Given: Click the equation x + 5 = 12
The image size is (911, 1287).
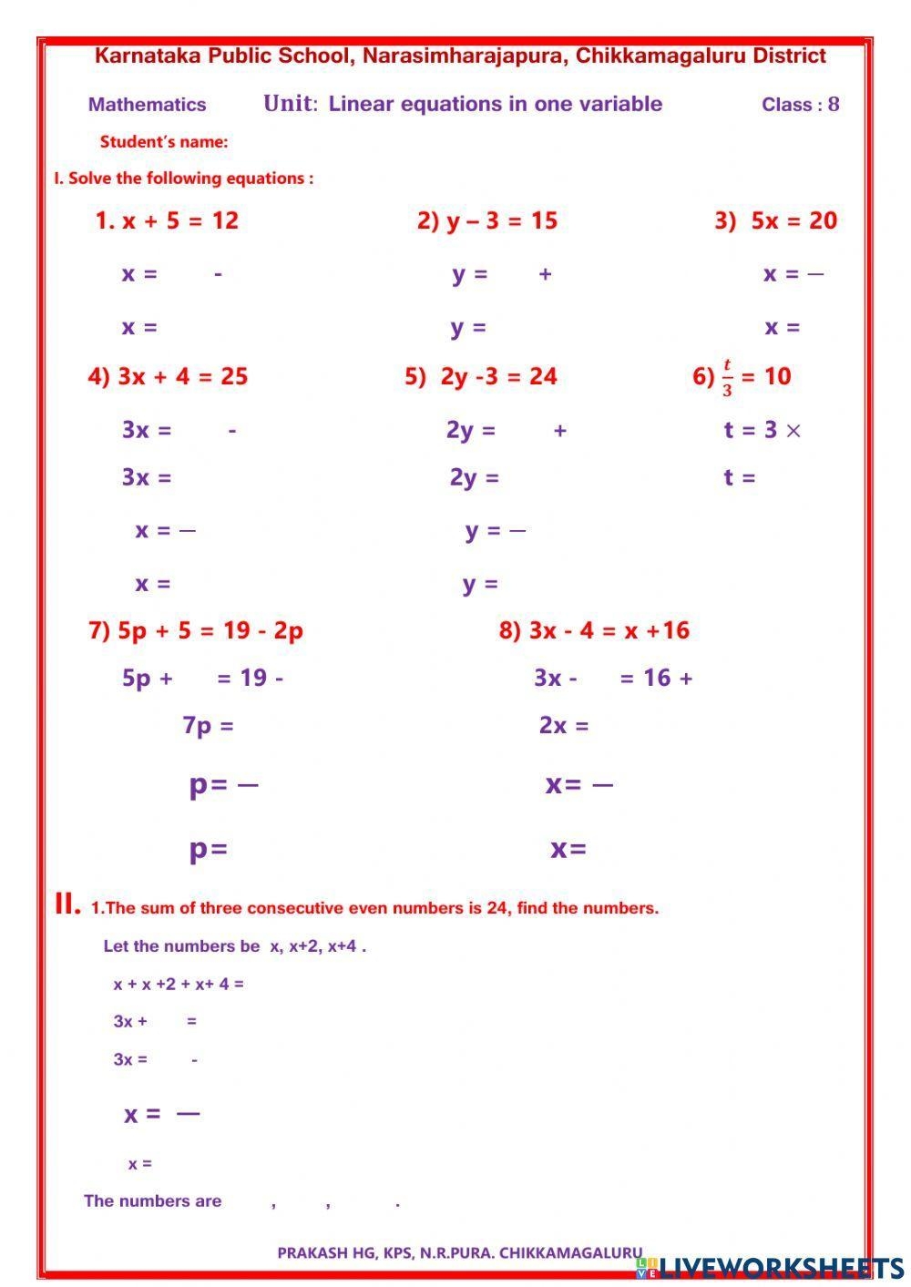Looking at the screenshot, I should [x=179, y=220].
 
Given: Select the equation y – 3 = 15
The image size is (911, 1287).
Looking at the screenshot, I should [x=501, y=220].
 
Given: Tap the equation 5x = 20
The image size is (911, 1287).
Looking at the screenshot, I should [x=793, y=220].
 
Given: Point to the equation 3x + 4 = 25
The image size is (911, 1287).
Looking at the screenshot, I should [x=182, y=377].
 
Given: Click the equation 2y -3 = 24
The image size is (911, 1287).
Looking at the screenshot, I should [x=498, y=377].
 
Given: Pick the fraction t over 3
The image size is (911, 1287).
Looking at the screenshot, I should [x=727, y=377].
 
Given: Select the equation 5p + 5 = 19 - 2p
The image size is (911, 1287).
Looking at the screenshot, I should [x=210, y=630].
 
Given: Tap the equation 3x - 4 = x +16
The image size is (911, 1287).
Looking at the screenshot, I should [x=609, y=630].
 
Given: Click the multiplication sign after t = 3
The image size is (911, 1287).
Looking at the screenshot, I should [x=793, y=431].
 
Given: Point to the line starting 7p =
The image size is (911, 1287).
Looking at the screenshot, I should [x=208, y=726].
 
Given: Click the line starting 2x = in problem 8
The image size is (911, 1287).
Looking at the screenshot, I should [x=564, y=726].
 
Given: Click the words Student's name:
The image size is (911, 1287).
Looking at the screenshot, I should [x=164, y=142].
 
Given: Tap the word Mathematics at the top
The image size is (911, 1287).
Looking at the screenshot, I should [x=147, y=105].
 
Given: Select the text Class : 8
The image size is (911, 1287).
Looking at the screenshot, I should [x=800, y=105].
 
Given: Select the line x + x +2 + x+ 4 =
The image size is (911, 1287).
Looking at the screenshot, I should [x=179, y=984].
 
